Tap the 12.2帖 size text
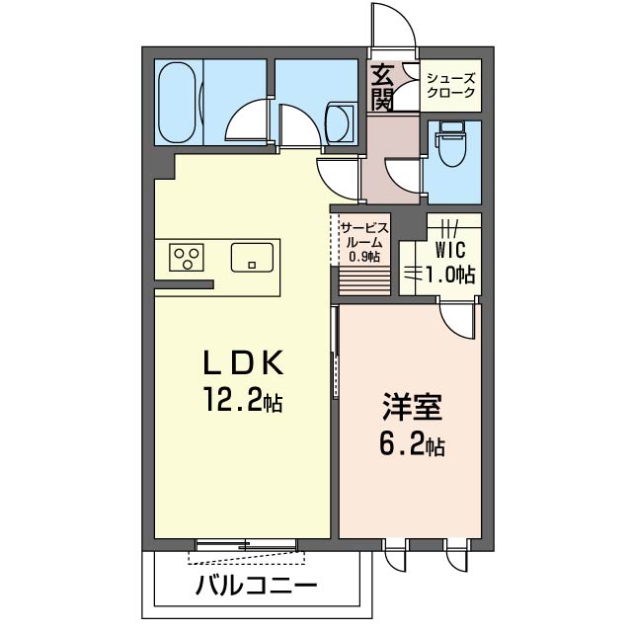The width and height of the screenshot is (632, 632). tap(243, 402)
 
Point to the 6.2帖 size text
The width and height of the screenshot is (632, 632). tap(412, 445)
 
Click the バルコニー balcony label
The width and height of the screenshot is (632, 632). tap(256, 585)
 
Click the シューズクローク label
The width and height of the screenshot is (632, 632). tap(450, 86)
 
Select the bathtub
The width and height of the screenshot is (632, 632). tap(180, 103)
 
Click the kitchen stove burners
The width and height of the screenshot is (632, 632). tap(186, 259)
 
